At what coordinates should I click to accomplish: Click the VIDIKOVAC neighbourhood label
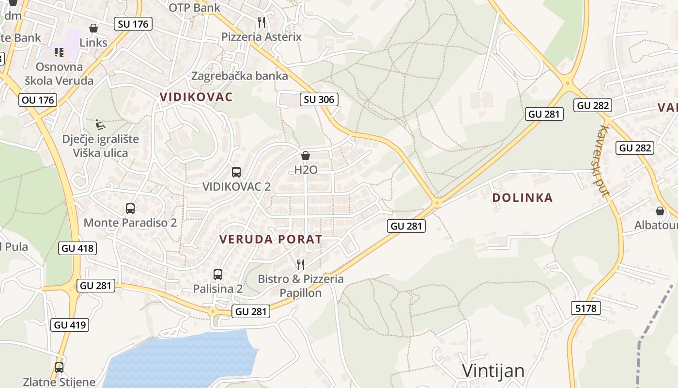point(196,97)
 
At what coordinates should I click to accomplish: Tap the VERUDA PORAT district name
point(271,239)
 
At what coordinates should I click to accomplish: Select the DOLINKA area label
point(523,197)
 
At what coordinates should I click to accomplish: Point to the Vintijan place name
point(493,371)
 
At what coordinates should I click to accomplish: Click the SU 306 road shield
point(319,99)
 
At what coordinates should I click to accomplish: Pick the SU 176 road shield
point(133,24)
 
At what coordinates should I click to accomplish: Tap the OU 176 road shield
point(38,100)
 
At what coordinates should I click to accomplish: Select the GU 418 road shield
point(77,248)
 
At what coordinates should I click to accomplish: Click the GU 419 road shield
point(70,324)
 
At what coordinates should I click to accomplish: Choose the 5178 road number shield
point(586,307)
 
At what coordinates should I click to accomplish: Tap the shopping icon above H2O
point(306,156)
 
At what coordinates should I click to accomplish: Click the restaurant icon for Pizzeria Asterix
point(262,22)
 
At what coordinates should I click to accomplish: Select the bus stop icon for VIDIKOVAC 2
point(236,172)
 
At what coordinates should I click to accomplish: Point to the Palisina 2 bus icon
point(218,275)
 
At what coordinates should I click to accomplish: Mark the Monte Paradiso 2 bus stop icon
point(130,209)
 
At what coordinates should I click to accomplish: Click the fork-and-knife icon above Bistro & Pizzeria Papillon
point(301,264)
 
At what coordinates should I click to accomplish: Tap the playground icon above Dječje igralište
point(100,125)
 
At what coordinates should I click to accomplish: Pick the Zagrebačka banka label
point(240,76)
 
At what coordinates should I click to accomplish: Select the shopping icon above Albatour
point(660,211)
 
